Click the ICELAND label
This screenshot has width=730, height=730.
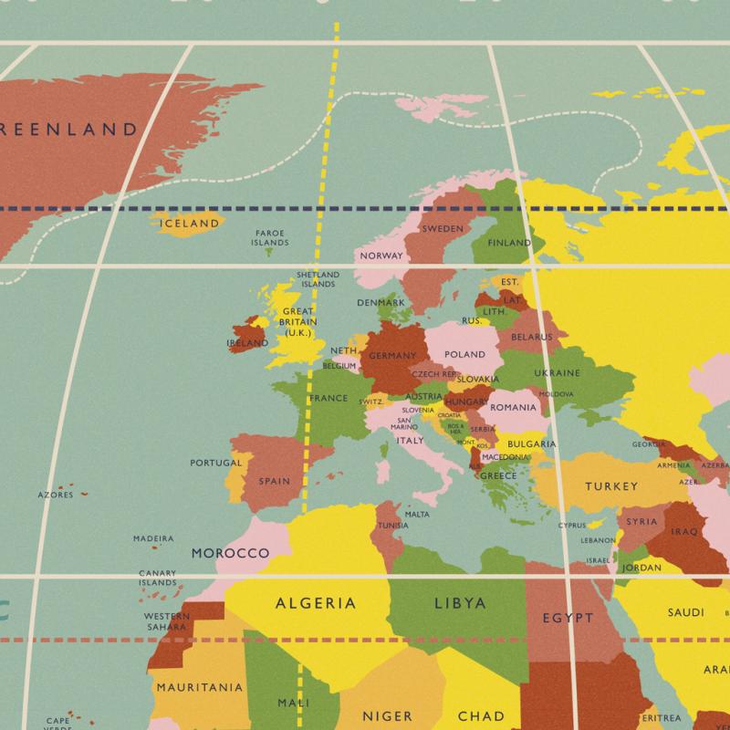pos(190,223)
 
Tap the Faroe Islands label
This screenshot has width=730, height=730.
pos(270,238)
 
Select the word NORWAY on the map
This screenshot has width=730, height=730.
pos(381,255)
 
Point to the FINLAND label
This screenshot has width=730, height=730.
pos(509,244)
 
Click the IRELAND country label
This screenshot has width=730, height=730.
pos(247,343)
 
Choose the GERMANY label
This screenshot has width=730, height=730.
pos(393,356)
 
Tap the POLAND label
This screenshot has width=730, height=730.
pos(464,354)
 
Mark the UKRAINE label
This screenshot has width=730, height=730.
pos(557,373)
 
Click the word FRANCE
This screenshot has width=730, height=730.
pos(328,398)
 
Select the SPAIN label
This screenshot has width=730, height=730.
pos(275,481)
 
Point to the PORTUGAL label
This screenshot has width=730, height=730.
pos(216,463)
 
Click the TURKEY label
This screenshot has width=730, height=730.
pos(611,486)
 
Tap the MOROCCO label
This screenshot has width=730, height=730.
pos(230,553)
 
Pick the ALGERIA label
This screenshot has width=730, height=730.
pos(316,603)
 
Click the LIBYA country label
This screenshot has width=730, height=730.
pos(459,603)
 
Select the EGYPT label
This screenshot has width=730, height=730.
pos(568,618)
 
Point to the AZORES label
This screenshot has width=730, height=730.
pos(55,495)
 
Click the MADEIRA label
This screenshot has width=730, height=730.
pos(152,538)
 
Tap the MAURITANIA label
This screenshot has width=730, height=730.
pos(200,687)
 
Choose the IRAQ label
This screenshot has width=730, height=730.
pos(683,531)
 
